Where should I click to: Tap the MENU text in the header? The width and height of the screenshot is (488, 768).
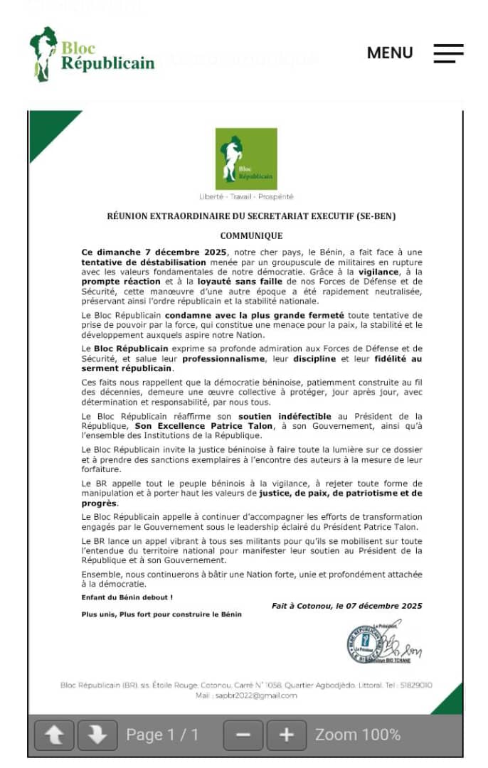(x=389, y=53)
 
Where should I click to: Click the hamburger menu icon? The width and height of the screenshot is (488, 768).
(x=448, y=53)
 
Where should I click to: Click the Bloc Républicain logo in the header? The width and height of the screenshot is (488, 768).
(x=92, y=55)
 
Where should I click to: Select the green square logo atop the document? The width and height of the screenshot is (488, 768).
(x=246, y=159)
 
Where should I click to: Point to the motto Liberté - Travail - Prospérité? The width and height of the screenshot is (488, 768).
(x=246, y=197)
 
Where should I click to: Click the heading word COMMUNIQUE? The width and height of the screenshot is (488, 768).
(x=251, y=235)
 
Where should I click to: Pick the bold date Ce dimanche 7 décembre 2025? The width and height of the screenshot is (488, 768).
(x=154, y=252)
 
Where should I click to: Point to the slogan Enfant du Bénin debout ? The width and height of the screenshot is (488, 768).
(x=127, y=597)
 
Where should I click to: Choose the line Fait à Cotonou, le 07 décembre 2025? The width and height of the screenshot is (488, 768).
(x=346, y=606)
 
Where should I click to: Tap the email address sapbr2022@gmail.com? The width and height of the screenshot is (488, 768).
(x=256, y=695)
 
